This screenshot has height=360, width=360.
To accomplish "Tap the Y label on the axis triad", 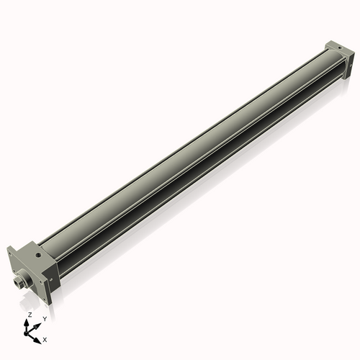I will click(x=44, y=318).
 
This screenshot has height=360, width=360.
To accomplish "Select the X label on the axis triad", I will click(x=45, y=338).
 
